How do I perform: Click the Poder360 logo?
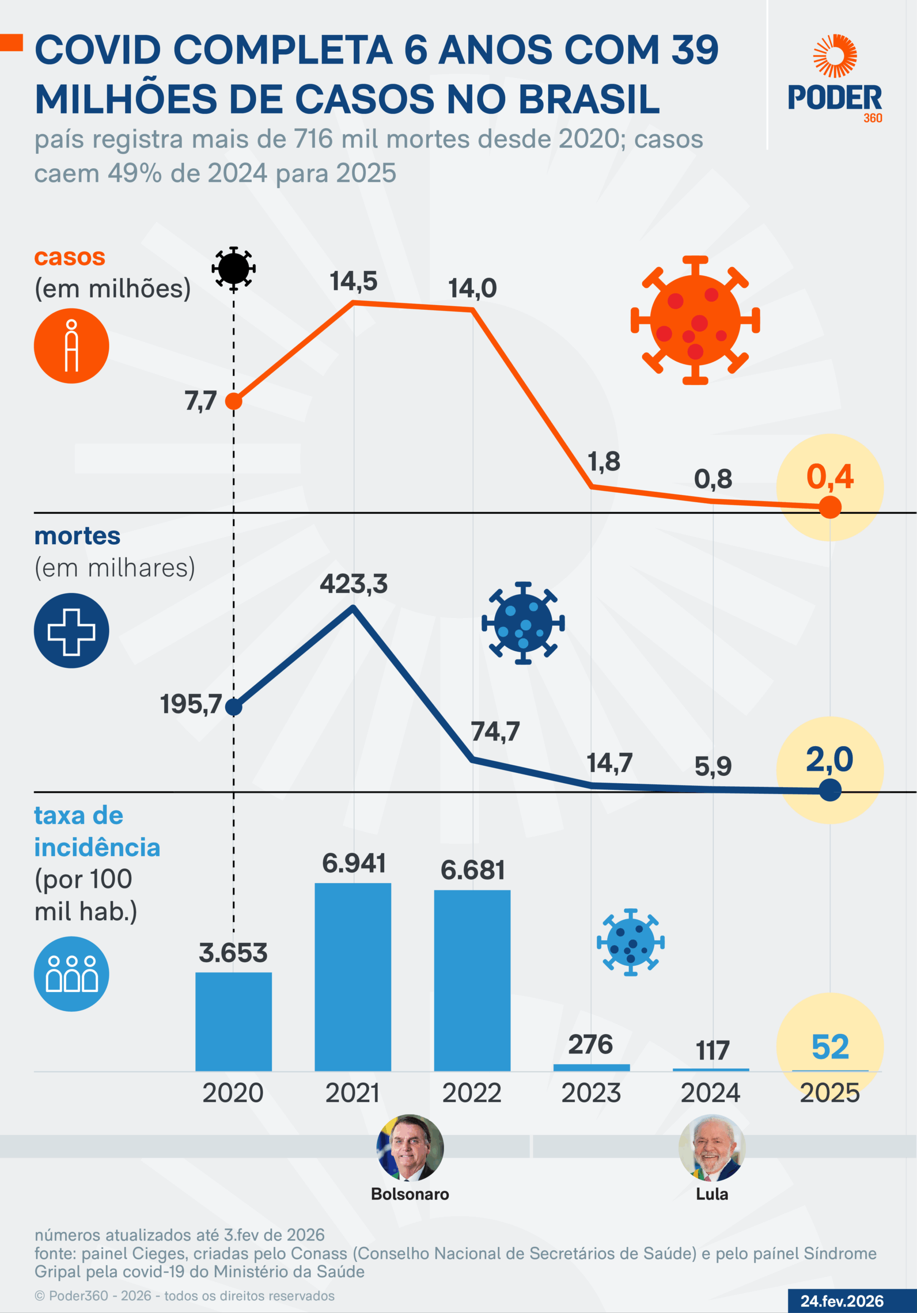click(834, 79)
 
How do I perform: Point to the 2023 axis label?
click(590, 1093)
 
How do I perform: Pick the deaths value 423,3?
click(353, 584)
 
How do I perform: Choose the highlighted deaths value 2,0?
click(829, 760)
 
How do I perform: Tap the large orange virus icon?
click(695, 320)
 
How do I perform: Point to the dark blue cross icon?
click(71, 631)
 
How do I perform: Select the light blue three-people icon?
click(71, 974)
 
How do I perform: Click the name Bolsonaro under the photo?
click(410, 1194)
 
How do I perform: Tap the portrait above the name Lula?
click(712, 1148)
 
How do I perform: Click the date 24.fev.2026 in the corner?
click(842, 1301)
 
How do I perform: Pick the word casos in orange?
click(70, 257)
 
